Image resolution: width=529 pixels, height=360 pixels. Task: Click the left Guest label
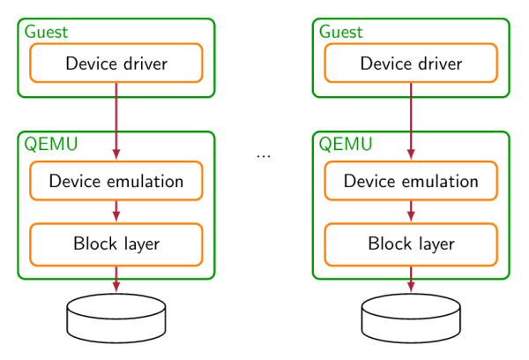[x=46, y=32]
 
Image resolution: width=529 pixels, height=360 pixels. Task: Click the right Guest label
[x=340, y=32]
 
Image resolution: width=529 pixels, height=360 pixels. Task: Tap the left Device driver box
[x=116, y=63]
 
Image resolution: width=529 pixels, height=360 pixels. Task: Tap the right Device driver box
[x=411, y=63]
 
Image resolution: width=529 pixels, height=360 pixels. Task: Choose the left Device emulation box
[x=116, y=181]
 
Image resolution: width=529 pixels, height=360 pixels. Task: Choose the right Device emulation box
[x=411, y=181]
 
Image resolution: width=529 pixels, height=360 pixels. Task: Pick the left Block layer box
[x=116, y=244]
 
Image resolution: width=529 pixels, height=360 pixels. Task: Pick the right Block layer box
[x=411, y=244]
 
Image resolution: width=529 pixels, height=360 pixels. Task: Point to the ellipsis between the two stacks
[x=264, y=157]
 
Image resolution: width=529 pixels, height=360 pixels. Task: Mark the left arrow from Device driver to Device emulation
[x=116, y=120]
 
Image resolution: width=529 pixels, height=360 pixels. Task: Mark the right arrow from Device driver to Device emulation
[x=411, y=120]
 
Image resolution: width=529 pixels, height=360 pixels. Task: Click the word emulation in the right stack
[x=438, y=181]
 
